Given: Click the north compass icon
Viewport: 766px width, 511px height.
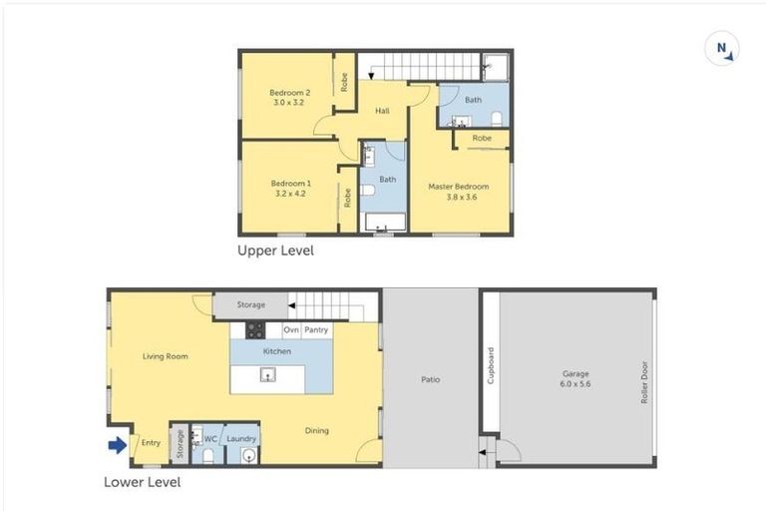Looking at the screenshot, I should click(721, 49).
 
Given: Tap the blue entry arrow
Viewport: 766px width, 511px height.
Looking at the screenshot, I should click(117, 445).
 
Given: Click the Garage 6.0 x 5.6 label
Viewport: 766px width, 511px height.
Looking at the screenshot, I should click(575, 379).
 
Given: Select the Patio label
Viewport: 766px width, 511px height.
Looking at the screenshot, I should click(431, 379).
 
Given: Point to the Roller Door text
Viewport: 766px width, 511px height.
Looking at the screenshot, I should click(645, 380).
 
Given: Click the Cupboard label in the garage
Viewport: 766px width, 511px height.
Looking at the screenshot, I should click(490, 365).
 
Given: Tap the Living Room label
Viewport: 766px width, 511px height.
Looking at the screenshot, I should click(166, 356).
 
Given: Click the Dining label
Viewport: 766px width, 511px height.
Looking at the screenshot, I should click(317, 431).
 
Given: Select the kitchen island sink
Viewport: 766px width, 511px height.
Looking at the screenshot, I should click(267, 376).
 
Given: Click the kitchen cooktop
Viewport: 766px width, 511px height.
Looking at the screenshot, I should click(255, 330).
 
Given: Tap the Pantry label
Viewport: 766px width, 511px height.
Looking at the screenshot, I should click(317, 329).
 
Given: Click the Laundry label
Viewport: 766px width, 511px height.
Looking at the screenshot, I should click(242, 438).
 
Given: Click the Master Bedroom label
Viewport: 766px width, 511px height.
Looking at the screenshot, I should click(459, 192).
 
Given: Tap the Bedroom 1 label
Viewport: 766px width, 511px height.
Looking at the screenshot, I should click(291, 188).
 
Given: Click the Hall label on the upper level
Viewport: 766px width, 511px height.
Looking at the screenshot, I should click(382, 111).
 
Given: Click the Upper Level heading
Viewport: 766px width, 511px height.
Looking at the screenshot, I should click(275, 251).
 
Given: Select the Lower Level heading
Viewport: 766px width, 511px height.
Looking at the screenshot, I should click(143, 482).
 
